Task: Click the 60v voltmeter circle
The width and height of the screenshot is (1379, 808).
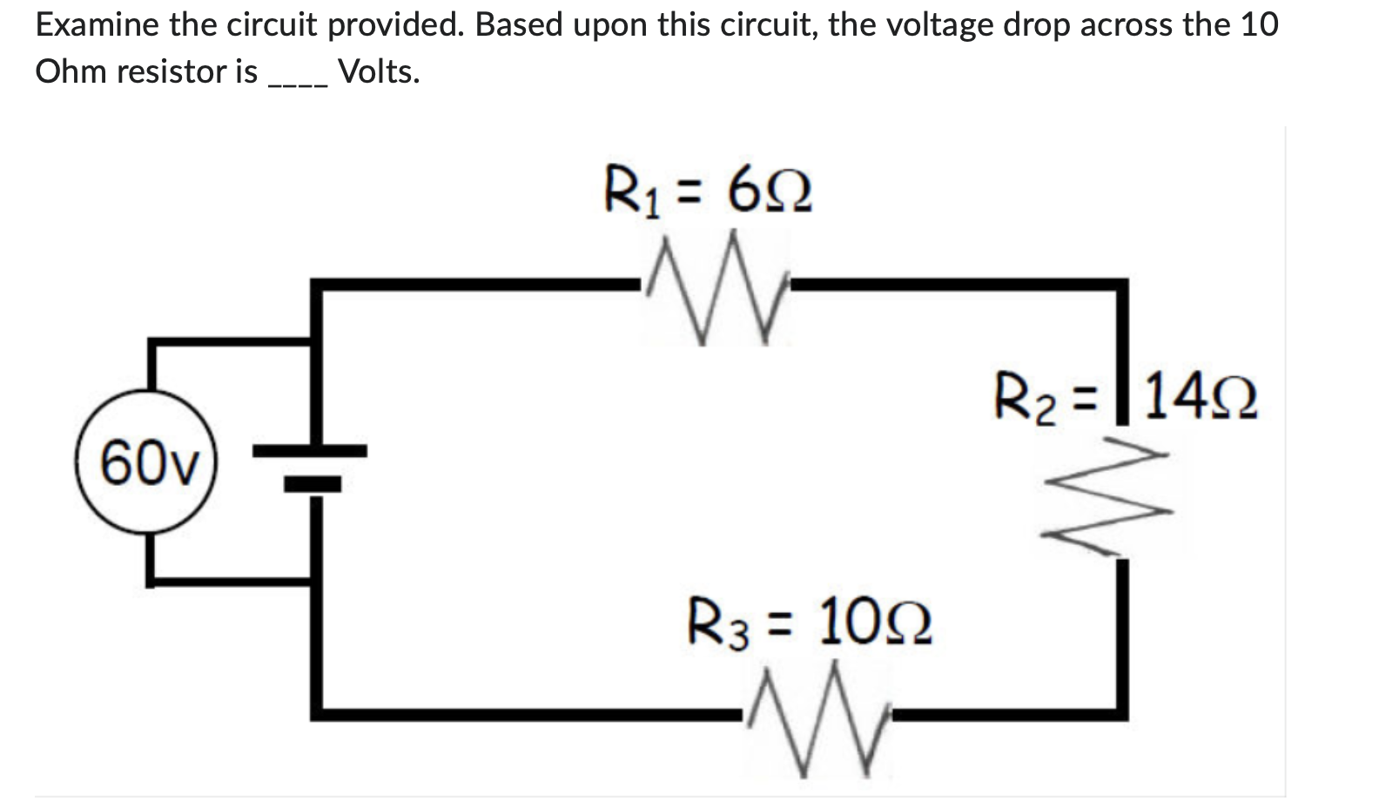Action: (x=146, y=462)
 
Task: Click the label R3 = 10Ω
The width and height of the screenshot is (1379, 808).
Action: (x=810, y=623)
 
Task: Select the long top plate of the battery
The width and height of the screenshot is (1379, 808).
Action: (x=311, y=450)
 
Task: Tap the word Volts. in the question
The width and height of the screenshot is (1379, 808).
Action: (x=379, y=71)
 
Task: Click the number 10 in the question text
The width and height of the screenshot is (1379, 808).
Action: (x=1259, y=25)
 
